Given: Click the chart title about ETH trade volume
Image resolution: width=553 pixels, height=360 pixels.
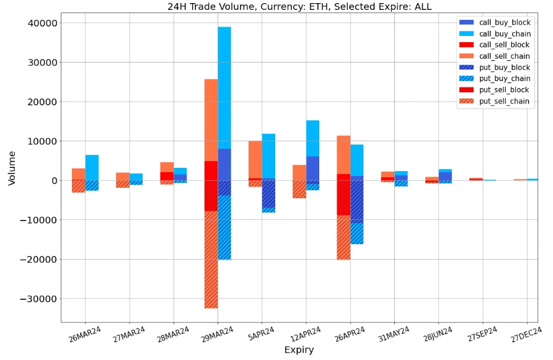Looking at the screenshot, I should tap(299, 7).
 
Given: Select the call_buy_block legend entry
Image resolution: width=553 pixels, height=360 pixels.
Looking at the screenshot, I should tap(505, 22).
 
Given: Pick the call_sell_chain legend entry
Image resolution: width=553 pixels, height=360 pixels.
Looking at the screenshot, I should tap(505, 56).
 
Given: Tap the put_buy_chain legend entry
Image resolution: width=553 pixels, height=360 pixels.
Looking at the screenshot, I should tap(505, 79).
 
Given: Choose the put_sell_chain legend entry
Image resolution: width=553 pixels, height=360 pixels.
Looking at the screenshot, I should tap(505, 102).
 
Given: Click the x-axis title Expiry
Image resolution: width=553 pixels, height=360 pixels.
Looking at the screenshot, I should tap(299, 350).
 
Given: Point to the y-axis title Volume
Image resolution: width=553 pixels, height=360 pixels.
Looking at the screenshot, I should tap(12, 167).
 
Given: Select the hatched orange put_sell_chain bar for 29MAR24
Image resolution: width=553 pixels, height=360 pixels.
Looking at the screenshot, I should tap(211, 260).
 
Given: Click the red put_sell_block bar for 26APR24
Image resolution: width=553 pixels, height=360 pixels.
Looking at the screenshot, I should tap(343, 198).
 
